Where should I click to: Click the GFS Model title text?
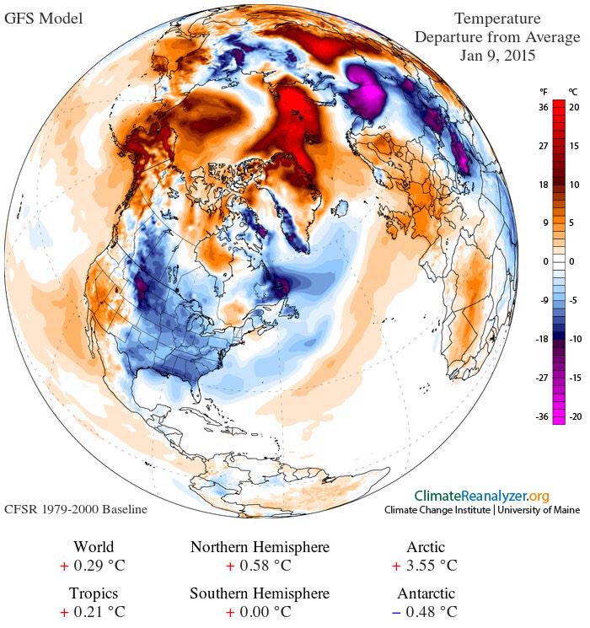point(44,18)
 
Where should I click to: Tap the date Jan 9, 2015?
point(497,56)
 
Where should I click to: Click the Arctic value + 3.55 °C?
point(425,566)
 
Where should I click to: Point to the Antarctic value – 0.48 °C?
point(425,611)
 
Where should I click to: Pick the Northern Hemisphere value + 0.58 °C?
point(259,566)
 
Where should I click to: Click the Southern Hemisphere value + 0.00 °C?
point(259,611)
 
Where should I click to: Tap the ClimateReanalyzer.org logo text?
point(481,496)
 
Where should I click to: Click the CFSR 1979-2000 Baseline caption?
point(76,510)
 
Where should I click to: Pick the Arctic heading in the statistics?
point(425,548)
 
